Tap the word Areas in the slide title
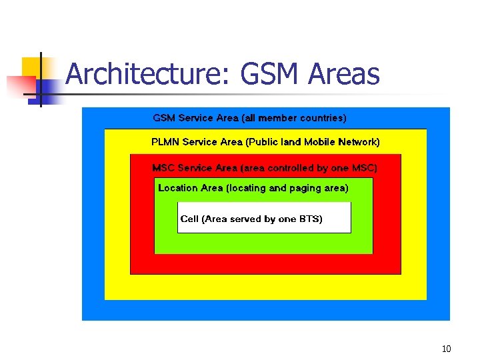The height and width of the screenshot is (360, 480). (344, 75)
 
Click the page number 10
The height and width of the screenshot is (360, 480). (447, 349)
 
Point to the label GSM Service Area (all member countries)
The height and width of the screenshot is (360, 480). (250, 118)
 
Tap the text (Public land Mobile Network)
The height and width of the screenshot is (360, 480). (313, 142)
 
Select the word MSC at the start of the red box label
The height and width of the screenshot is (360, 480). (163, 168)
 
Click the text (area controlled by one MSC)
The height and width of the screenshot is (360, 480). (309, 168)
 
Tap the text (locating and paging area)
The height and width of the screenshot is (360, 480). (287, 188)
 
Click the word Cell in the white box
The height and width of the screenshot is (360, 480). (189, 219)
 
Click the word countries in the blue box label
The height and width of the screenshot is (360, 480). (323, 118)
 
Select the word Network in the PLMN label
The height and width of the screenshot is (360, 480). (359, 142)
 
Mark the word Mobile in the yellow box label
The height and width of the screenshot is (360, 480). (319, 142)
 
